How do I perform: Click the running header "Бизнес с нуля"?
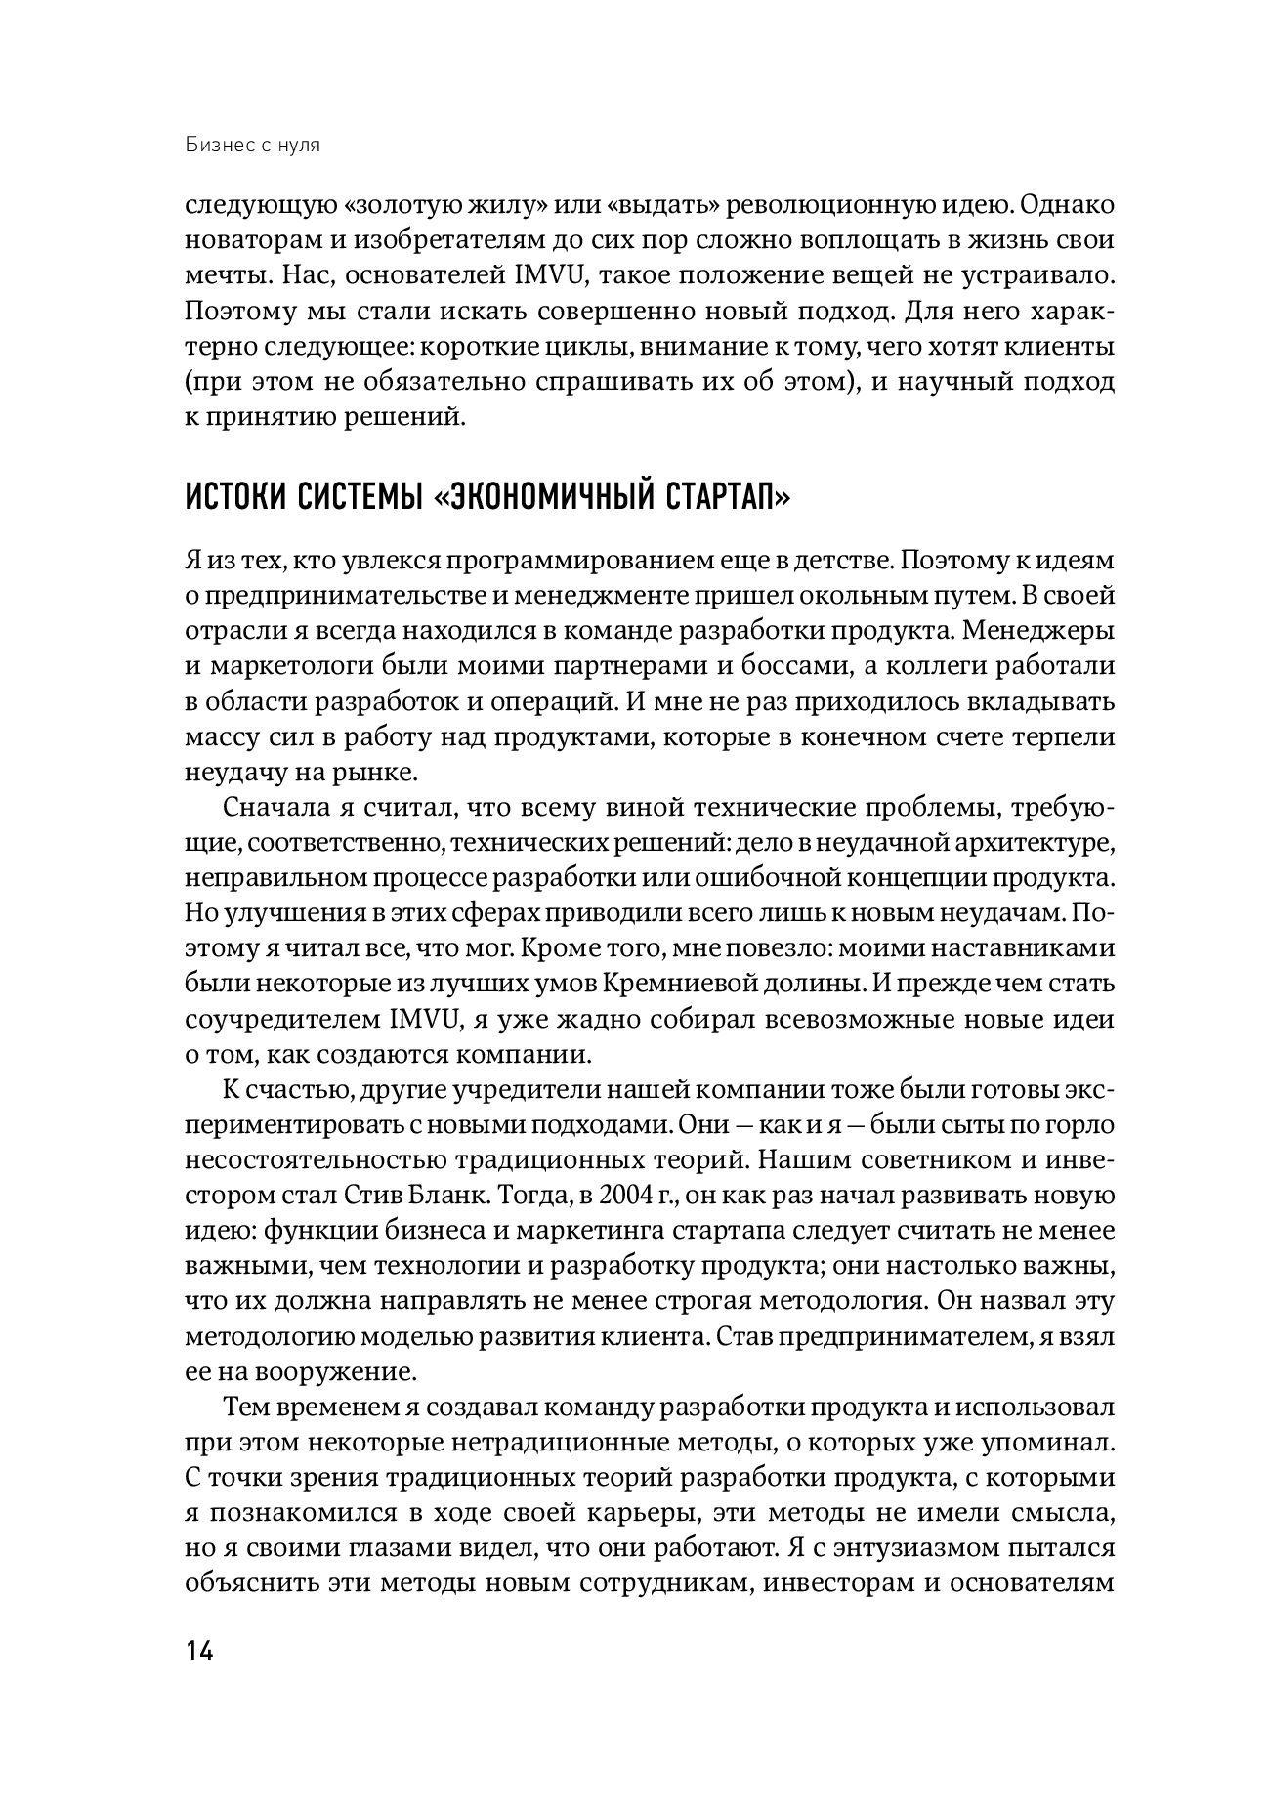click(253, 146)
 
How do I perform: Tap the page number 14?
click(199, 1651)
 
